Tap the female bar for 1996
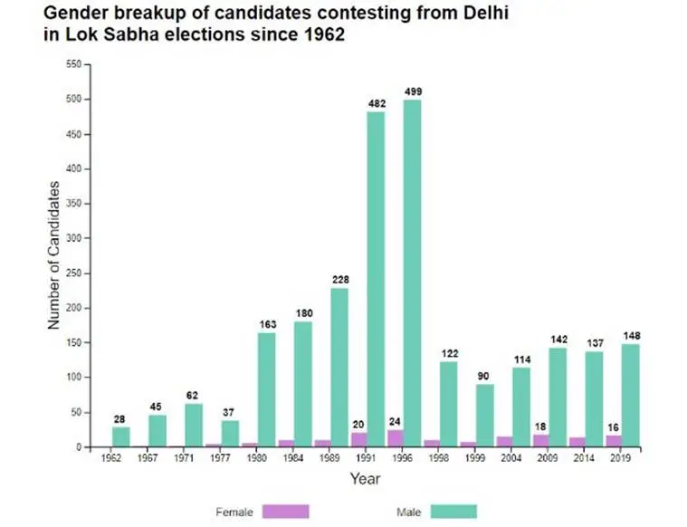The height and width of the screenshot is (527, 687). coord(395,438)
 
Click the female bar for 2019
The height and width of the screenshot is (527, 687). coord(614,441)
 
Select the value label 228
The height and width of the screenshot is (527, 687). coord(340,280)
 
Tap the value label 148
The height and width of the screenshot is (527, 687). coord(632,336)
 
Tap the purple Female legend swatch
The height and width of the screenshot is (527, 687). coord(285,512)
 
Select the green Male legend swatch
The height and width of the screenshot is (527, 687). coord(453,512)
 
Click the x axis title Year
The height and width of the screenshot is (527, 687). coord(366,478)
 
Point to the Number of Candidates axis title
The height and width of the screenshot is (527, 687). coord(53,255)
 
